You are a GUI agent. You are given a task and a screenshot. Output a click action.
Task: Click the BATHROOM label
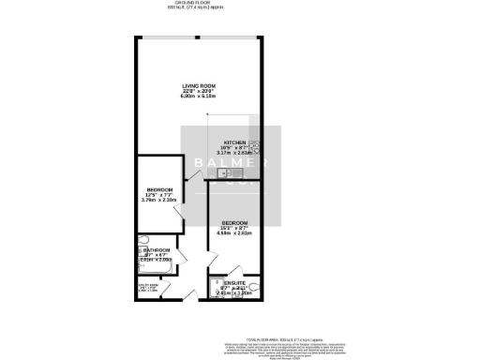156,250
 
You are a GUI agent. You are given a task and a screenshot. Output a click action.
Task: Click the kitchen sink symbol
223,172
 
